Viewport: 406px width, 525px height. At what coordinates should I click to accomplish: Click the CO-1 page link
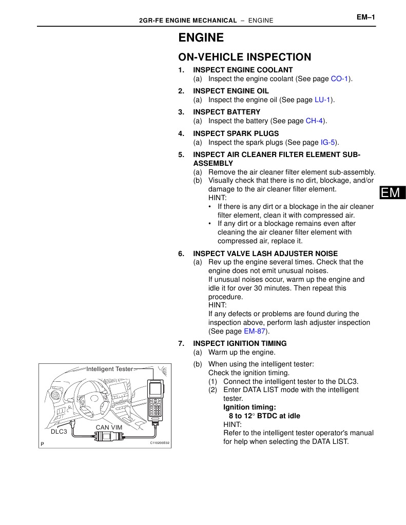click(x=340, y=79)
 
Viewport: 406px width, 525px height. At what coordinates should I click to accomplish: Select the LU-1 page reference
click(x=322, y=100)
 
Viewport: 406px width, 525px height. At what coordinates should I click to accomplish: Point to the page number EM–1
click(x=366, y=17)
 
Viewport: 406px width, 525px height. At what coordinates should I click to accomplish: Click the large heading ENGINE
click(x=201, y=38)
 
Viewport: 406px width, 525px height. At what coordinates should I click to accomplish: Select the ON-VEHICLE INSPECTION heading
click(x=244, y=57)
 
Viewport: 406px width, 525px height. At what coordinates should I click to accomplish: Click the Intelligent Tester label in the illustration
click(x=109, y=369)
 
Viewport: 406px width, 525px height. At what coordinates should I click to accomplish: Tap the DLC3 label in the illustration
click(x=59, y=432)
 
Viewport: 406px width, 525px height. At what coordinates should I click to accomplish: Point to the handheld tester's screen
click(x=155, y=389)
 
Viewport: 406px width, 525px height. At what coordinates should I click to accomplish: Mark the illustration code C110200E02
click(x=159, y=443)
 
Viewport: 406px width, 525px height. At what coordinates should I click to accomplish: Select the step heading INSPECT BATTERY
click(x=226, y=112)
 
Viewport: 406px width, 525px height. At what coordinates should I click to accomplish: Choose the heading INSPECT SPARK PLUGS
click(x=236, y=133)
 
